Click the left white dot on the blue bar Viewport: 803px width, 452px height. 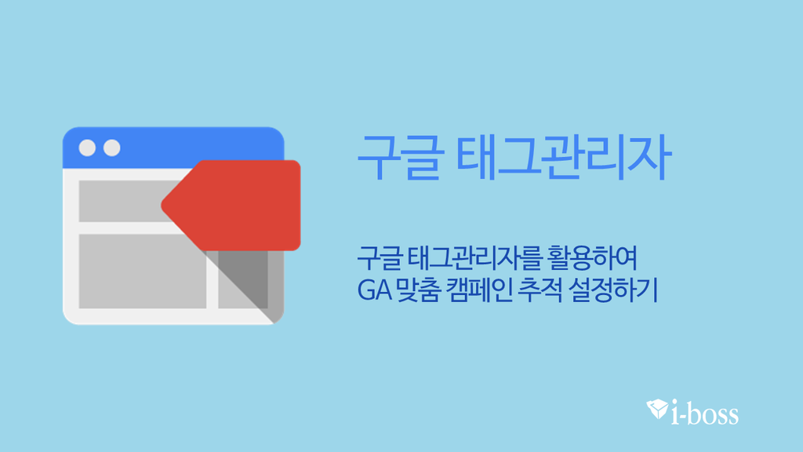[87, 148]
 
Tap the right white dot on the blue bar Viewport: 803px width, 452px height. [112, 148]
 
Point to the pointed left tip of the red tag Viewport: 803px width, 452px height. [162, 206]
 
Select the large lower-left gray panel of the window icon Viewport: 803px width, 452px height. [143, 272]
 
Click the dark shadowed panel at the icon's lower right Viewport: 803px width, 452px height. [243, 280]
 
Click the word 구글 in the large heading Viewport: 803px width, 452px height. [398, 157]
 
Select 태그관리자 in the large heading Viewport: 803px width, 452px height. [563, 157]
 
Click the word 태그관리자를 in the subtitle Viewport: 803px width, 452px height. [474, 257]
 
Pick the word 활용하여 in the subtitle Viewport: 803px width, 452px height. [593, 257]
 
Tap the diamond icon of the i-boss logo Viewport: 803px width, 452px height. [657, 408]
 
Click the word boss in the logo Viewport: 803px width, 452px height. [714, 414]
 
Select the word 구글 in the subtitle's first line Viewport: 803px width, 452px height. [380, 257]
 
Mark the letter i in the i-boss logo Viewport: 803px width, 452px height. [676, 412]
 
